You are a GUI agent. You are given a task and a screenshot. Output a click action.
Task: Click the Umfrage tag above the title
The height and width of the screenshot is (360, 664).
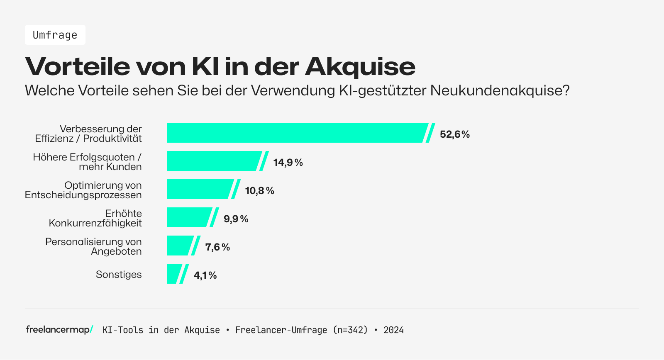pos(55,35)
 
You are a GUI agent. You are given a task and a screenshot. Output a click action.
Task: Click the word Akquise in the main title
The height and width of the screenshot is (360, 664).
pos(360,66)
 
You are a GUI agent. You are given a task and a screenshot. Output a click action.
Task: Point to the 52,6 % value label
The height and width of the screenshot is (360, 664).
pos(455,134)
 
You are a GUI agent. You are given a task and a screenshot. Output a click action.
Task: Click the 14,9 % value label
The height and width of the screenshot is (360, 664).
pos(288,163)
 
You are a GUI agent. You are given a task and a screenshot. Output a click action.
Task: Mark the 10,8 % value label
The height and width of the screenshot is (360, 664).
pos(260,191)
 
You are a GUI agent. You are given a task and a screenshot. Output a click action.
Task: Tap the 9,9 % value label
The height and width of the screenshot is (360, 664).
pos(236,219)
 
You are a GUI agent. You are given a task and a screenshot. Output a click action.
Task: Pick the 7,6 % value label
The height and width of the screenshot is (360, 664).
pos(218,247)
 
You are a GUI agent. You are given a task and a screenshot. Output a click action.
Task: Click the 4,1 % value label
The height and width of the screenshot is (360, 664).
pos(205,275)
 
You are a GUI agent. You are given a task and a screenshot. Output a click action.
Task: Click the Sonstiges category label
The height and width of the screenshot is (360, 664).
pos(119,275)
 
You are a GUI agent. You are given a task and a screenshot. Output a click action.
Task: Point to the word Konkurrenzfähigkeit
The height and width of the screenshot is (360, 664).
pos(95,223)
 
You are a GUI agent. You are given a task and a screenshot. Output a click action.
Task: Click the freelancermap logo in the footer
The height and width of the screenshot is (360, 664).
pos(59,330)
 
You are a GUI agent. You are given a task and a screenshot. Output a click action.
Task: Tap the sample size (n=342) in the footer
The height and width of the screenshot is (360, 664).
pos(351,330)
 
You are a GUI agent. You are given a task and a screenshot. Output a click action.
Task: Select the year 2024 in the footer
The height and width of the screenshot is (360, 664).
pos(393,330)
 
